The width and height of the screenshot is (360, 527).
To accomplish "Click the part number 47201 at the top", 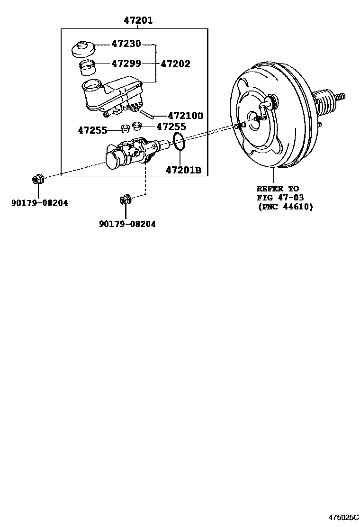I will click(x=138, y=20).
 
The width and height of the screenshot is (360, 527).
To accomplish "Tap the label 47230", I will click(x=126, y=44).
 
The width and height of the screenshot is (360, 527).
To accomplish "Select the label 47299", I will click(x=126, y=63).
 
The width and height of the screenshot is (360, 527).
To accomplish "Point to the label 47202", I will click(x=176, y=64).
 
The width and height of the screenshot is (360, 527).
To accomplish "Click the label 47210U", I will click(x=185, y=115).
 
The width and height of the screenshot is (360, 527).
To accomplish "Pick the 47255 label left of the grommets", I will click(x=93, y=130).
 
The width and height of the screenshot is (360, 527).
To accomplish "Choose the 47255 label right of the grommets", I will click(x=171, y=127).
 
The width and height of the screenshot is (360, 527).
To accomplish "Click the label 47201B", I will click(x=184, y=170).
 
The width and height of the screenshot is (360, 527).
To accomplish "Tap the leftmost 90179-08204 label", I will click(x=40, y=203).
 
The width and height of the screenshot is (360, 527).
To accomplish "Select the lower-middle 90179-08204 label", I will click(x=127, y=224).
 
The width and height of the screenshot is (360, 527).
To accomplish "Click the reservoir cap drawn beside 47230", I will click(x=83, y=49).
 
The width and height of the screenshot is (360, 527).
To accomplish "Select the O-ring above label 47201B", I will click(x=179, y=141).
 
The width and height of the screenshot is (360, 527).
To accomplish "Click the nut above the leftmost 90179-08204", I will click(x=37, y=179).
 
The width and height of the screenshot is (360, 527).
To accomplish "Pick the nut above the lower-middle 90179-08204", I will click(x=125, y=200).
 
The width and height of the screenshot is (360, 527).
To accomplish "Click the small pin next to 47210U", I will click(x=147, y=114).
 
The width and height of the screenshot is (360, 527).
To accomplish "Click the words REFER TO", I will click(x=278, y=189).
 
